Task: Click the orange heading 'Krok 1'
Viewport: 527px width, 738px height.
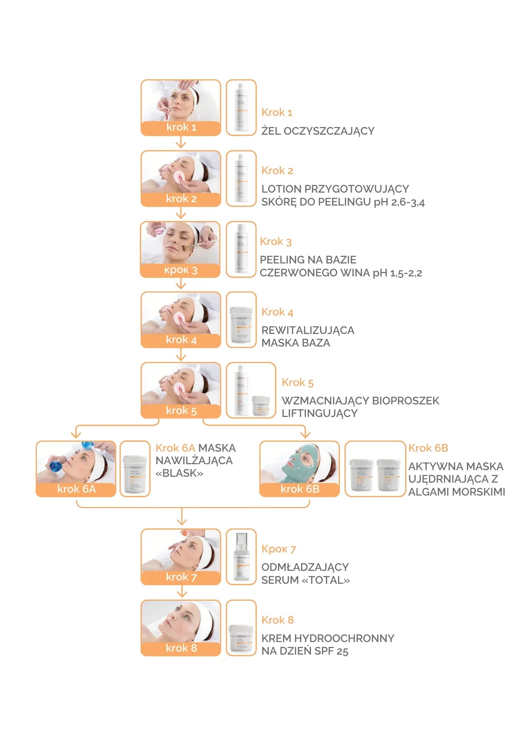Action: coord(277,112)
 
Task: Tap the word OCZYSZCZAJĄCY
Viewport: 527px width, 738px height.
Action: coord(329,131)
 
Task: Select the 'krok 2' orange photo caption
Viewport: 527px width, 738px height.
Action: coord(181,199)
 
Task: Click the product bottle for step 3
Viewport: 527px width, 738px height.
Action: coord(241,249)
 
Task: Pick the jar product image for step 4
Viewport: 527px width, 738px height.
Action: coord(241,324)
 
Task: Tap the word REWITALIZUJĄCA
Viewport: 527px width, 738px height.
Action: coord(308,330)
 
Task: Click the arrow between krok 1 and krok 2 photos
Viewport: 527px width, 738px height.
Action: coord(181,142)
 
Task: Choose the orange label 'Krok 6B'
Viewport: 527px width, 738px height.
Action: coord(428,448)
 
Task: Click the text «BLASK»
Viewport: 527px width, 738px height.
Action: coord(179,473)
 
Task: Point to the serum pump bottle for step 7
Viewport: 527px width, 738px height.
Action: coord(241,557)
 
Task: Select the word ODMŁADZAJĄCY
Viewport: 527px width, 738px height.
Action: coord(305,567)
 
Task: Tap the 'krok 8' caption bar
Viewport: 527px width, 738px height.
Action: coord(181,648)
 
